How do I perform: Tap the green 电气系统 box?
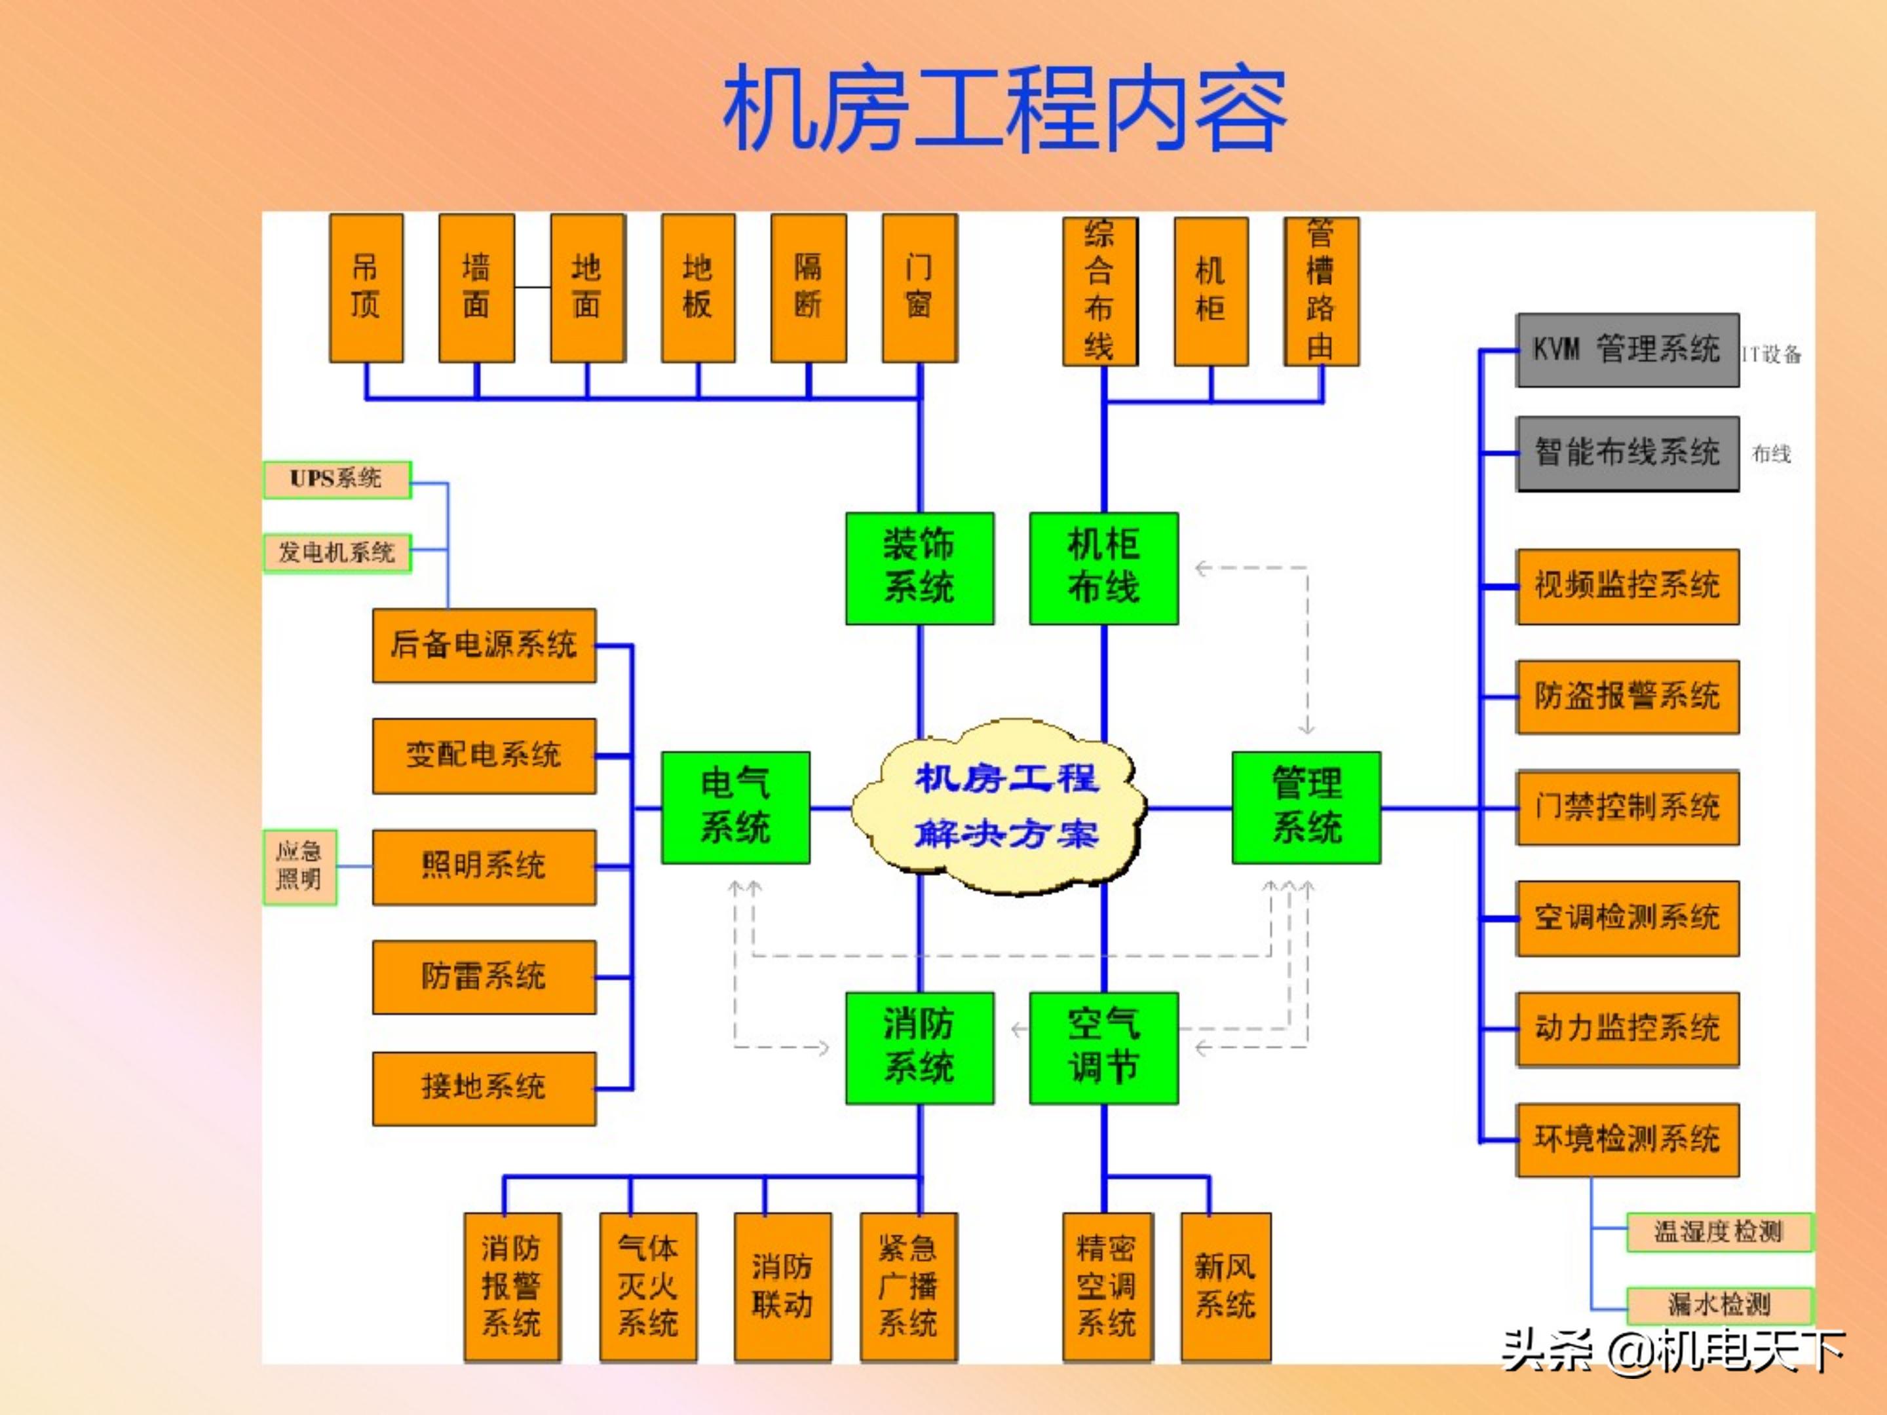coord(735,807)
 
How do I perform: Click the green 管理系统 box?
coord(1305,807)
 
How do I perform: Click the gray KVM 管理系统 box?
coord(1626,350)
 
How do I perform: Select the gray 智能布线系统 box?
coord(1626,453)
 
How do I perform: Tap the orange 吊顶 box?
coord(366,288)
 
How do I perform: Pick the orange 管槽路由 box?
coord(1320,291)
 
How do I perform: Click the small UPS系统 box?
coord(337,480)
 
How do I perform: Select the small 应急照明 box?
coord(299,867)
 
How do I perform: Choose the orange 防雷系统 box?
coord(484,977)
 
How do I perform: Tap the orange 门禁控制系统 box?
coord(1626,807)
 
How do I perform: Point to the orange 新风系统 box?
coord(1225,1286)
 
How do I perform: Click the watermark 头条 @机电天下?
coord(1672,1351)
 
